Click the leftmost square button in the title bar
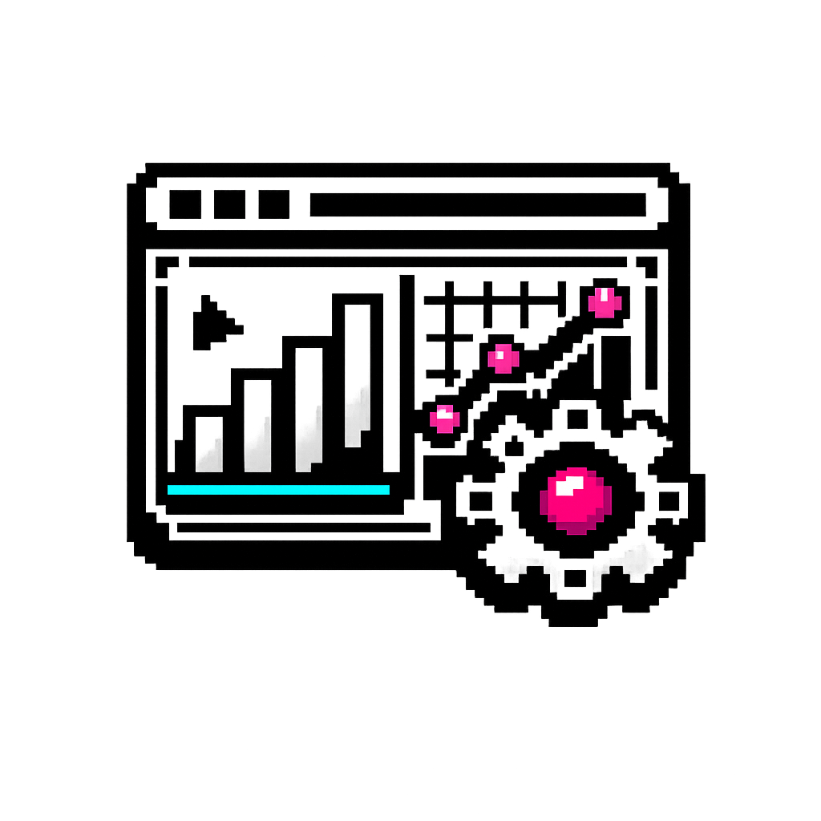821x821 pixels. (185, 204)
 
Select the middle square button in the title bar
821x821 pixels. (229, 204)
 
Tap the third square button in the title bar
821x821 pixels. (273, 204)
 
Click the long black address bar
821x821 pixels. (478, 204)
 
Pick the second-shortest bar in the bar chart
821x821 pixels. (257, 425)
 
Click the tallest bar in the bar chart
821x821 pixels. (358, 377)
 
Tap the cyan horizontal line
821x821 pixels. (278, 490)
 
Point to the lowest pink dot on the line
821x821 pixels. (444, 419)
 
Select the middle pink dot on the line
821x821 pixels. (503, 358)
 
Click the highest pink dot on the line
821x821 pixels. (605, 302)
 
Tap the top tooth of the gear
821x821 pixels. (575, 418)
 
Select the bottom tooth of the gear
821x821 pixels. (575, 579)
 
